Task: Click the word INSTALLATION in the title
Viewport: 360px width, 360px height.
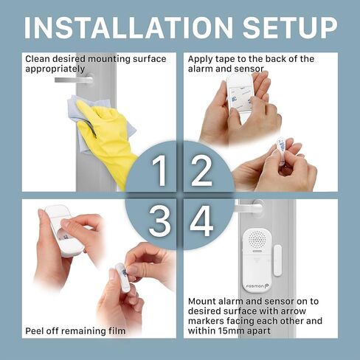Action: [128, 27]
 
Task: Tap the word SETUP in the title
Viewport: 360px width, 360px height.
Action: [290, 27]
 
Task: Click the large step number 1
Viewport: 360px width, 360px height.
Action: [159, 170]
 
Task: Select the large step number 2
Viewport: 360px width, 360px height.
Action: [201, 170]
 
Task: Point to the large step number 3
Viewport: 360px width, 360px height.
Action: [159, 221]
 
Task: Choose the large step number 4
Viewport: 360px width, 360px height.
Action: [201, 221]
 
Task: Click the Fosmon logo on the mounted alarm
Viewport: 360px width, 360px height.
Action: [257, 286]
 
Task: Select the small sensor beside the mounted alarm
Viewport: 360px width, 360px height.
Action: [277, 260]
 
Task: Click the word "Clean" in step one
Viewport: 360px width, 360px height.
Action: [38, 59]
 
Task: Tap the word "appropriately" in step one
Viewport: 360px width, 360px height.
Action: [55, 69]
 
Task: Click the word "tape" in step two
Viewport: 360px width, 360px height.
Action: [225, 59]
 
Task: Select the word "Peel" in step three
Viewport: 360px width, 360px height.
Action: [33, 331]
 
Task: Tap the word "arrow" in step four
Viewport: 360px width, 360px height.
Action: [294, 311]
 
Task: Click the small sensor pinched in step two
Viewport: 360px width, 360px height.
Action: [282, 150]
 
